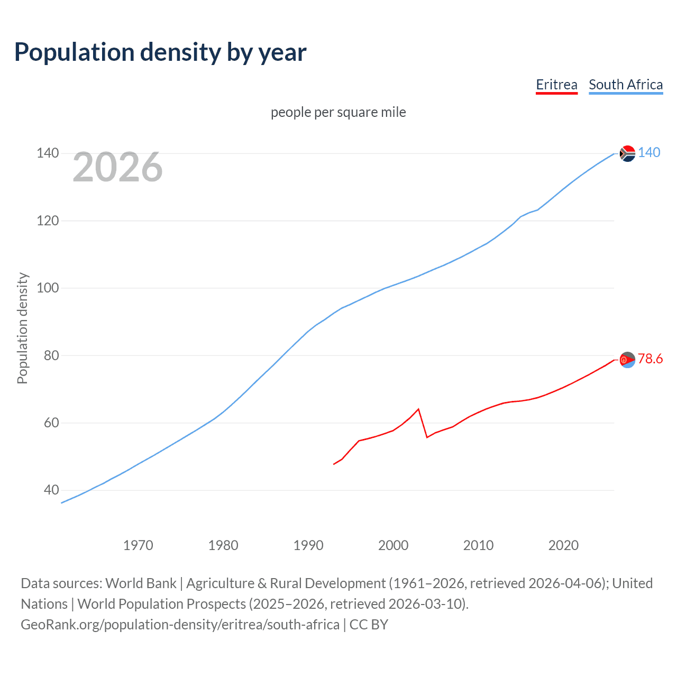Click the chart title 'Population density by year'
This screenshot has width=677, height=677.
pyautogui.click(x=160, y=52)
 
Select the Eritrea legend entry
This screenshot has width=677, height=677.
pyautogui.click(x=556, y=85)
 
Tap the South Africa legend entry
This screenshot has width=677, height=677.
pyautogui.click(x=626, y=85)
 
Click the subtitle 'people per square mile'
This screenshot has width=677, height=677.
pyautogui.click(x=338, y=112)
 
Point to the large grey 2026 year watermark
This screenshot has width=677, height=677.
pyautogui.click(x=117, y=167)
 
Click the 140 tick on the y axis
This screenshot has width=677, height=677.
pyautogui.click(x=48, y=153)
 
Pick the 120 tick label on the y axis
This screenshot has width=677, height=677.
pyautogui.click(x=48, y=221)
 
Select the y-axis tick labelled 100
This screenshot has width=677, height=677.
pyautogui.click(x=48, y=288)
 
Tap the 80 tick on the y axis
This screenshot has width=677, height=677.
pyautogui.click(x=51, y=355)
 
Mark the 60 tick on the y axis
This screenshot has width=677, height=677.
pyautogui.click(x=51, y=423)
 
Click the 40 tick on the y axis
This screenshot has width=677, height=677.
pyautogui.click(x=51, y=490)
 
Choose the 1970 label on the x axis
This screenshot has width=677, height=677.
pyautogui.click(x=138, y=545)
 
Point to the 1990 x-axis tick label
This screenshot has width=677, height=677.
pyautogui.click(x=308, y=545)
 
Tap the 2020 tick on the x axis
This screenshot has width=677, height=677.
pyautogui.click(x=563, y=545)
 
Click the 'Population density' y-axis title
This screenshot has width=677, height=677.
pyautogui.click(x=22, y=328)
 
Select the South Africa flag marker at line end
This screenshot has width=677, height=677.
pyautogui.click(x=627, y=153)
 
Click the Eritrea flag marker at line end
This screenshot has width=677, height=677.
pyautogui.click(x=627, y=360)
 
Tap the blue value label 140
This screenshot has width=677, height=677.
pyautogui.click(x=649, y=153)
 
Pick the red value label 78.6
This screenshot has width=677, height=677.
pyautogui.click(x=650, y=359)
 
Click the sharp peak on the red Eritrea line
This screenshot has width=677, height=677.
pyautogui.click(x=418, y=409)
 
